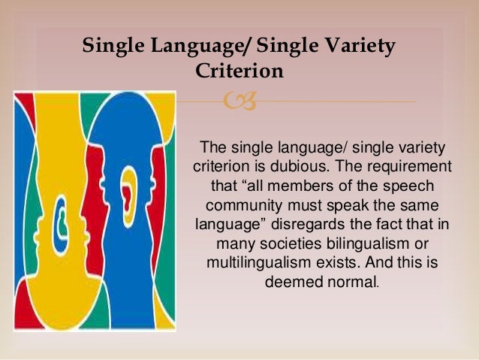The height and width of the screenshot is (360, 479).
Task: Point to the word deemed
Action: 291,283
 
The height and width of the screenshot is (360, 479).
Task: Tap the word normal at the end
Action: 352,283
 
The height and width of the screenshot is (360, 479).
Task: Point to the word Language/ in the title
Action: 195,46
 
